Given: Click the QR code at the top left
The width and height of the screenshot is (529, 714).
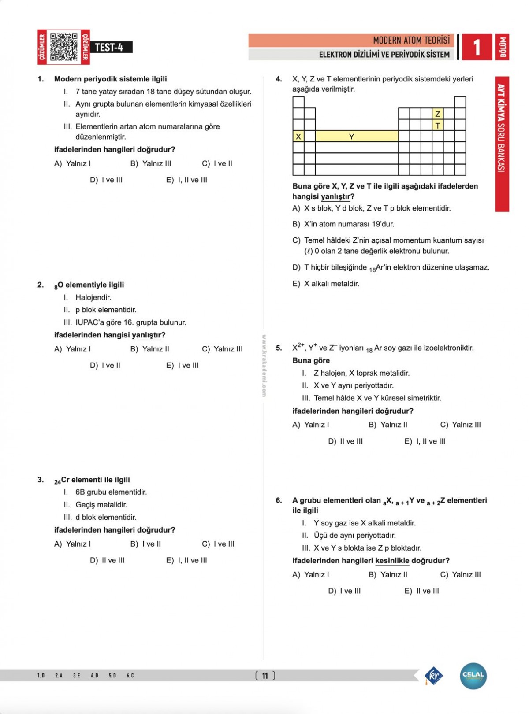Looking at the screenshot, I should tap(64, 47).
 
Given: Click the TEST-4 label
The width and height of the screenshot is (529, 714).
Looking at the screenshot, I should tap(109, 48).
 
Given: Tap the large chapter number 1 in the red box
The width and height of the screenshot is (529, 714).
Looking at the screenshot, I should tap(477, 47).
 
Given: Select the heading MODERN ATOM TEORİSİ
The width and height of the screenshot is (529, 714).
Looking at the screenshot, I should tap(411, 41).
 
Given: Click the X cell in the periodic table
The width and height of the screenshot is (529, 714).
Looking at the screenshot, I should tap(298, 137).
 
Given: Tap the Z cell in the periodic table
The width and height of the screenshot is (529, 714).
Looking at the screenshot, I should tap(437, 114).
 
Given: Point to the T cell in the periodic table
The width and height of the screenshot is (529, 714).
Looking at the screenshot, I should tap(437, 126).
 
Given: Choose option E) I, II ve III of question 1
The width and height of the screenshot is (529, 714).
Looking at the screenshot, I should tap(186, 180).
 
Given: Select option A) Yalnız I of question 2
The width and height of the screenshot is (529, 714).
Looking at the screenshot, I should tap(73, 349).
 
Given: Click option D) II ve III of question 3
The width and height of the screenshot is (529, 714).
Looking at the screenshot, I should tap(107, 560).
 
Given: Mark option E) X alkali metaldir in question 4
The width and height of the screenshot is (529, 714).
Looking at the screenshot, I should tap(326, 284).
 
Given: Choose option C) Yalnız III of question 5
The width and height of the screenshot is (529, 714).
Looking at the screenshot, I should tap(460, 425).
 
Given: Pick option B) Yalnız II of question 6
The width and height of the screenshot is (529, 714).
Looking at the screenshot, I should tap(388, 574).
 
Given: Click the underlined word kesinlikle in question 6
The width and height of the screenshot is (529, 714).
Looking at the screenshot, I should tap(392, 561).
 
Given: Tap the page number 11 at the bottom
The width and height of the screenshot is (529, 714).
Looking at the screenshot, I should tap(265, 676).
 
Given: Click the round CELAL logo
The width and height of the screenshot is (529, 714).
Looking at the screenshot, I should tap(473, 676).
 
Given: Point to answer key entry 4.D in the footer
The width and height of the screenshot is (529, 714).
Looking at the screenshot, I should tap(94, 676).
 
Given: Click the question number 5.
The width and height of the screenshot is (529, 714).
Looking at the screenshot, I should tap(279, 348).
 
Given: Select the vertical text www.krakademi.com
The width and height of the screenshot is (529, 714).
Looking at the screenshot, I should tap(264, 366).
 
